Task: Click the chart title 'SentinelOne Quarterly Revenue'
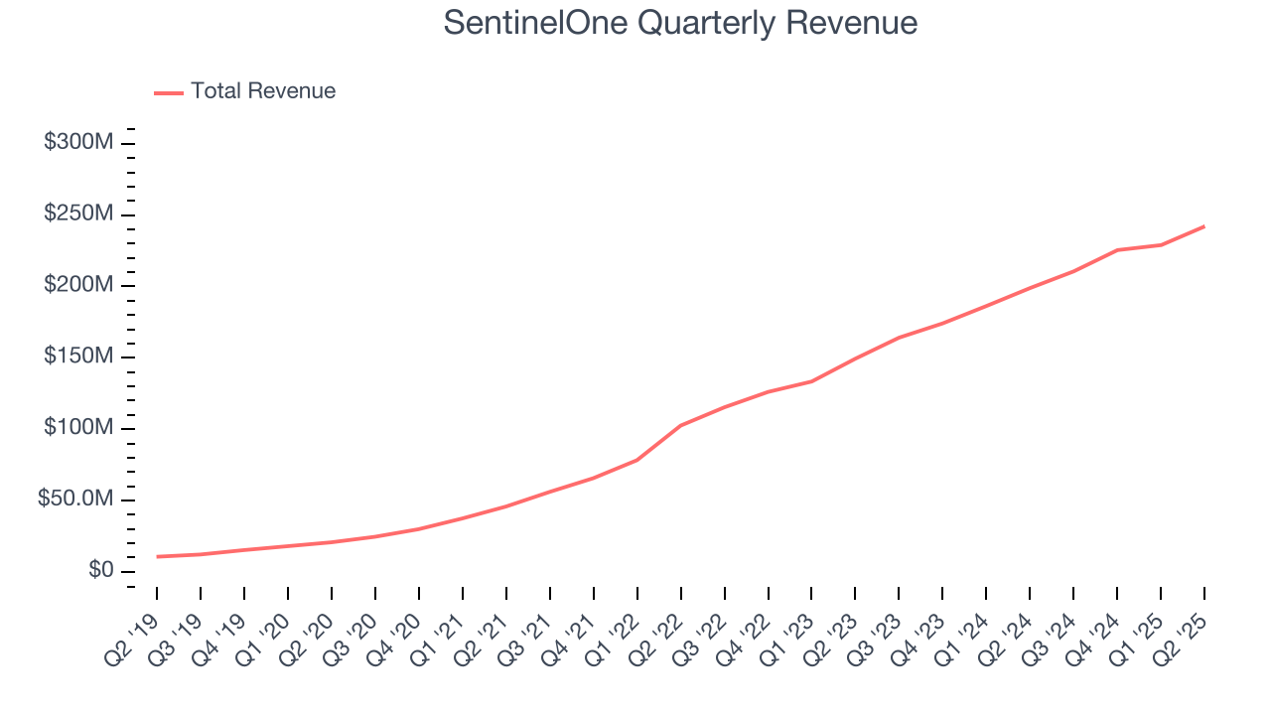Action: coord(680,23)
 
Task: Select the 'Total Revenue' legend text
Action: coord(263,91)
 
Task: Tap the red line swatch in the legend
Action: coord(169,92)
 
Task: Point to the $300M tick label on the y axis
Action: coord(78,143)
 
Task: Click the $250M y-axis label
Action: coord(78,214)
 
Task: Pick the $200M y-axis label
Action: coord(78,286)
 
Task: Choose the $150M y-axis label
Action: coord(78,357)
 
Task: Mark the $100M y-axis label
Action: coord(78,428)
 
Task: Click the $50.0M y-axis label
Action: coord(75,500)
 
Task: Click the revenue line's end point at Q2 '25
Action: coord(1204,226)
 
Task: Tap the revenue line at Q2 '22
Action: coord(680,425)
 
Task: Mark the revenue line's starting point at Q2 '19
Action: coord(157,556)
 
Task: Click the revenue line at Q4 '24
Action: coord(1117,250)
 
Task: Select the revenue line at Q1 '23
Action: coord(811,381)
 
